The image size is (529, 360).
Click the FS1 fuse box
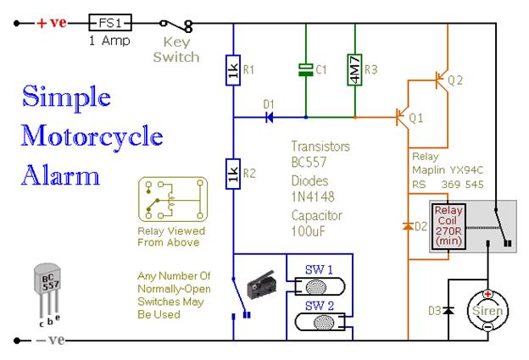point(110,23)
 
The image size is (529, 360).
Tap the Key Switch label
point(176,50)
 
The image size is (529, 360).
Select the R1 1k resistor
point(233,70)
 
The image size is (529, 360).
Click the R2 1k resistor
point(233,174)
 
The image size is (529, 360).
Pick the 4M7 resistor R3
point(355,69)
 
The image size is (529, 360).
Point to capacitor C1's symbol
point(306,69)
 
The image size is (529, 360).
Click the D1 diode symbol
point(270,117)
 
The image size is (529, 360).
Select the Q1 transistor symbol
point(402,117)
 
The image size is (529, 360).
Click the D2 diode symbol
point(409,226)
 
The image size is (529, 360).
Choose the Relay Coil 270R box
point(448,226)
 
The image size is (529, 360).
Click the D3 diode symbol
point(448,310)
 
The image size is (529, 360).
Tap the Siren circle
point(487,311)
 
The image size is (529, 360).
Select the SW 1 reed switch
point(320,286)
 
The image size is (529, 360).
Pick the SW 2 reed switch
point(320,322)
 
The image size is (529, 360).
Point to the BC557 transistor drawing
point(48,291)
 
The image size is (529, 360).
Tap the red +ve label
point(52,23)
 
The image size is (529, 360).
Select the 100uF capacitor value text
point(309,231)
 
